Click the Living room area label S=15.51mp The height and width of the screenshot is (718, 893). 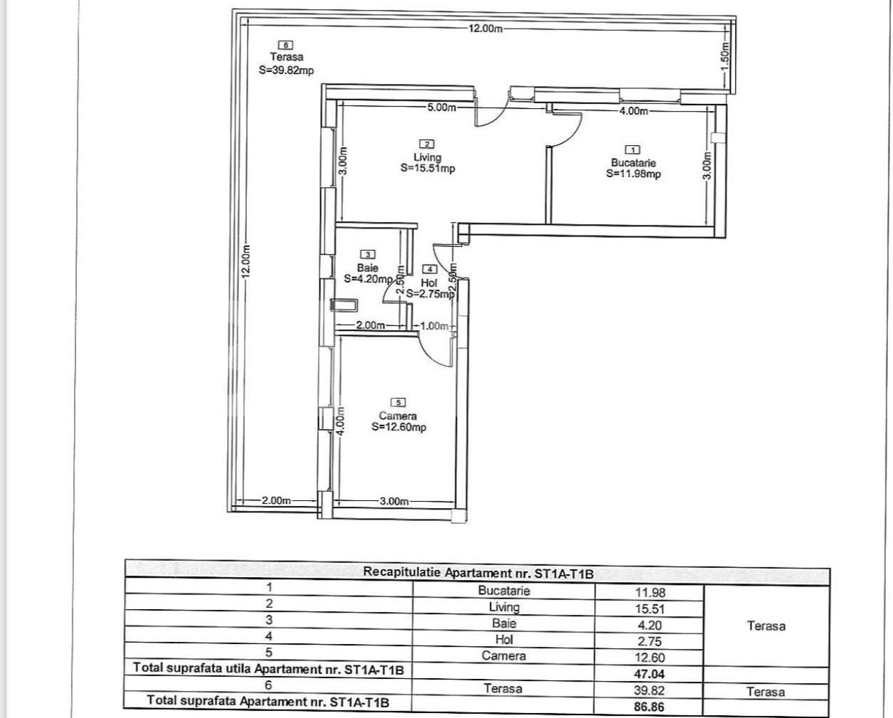428,169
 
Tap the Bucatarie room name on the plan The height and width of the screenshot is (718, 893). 633,162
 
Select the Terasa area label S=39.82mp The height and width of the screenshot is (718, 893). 286,70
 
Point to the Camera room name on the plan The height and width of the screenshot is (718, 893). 398,416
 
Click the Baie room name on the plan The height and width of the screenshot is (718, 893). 367,268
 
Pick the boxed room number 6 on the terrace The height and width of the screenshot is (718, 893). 286,45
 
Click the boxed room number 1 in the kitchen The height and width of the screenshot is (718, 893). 633,149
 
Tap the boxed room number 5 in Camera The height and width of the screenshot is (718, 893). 398,403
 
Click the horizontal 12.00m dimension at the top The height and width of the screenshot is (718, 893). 486,28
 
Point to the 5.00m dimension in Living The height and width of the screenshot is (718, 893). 441,107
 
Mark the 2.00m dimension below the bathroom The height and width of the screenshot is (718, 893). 370,325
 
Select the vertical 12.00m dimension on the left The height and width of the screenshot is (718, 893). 245,261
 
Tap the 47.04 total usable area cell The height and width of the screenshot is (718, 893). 648,673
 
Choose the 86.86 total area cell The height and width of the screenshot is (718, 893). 648,707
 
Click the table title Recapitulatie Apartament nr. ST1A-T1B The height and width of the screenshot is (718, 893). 477,572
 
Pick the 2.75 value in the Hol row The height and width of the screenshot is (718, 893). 648,641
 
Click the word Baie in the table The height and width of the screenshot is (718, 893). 504,623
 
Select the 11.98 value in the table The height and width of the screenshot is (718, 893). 650,592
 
